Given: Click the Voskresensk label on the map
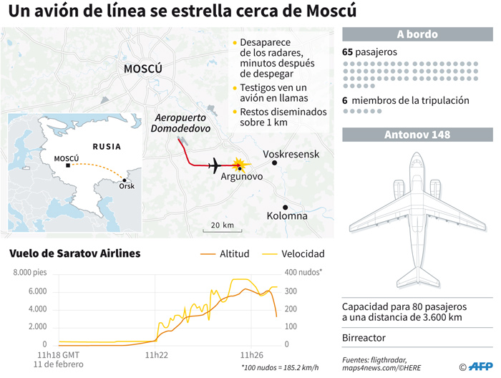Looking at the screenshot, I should tap(291, 154).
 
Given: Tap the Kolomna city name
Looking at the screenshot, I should tap(287, 215).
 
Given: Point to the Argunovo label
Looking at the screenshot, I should tap(243, 176).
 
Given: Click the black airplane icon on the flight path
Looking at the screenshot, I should tap(214, 165).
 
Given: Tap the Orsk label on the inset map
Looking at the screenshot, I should tap(127, 186).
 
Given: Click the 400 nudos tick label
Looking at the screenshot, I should tap(304, 273).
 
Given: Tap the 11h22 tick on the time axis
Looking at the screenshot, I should tap(156, 354).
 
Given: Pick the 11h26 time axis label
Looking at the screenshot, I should tap(251, 354).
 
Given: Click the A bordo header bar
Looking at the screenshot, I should tap(417, 34).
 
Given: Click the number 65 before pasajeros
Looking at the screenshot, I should tap(349, 52).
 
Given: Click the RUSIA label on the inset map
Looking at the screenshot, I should tap(106, 145).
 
